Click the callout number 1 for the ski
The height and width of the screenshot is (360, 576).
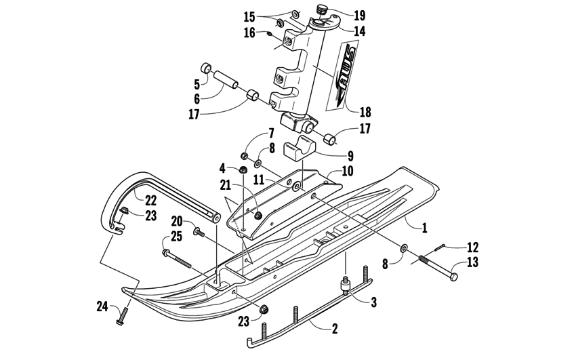(x=425, y=228)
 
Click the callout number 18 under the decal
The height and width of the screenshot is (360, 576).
(x=365, y=113)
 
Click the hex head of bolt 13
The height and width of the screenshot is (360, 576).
(x=452, y=277)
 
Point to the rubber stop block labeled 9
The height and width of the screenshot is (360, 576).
(x=301, y=148)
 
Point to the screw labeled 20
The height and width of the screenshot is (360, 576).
(x=200, y=232)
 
